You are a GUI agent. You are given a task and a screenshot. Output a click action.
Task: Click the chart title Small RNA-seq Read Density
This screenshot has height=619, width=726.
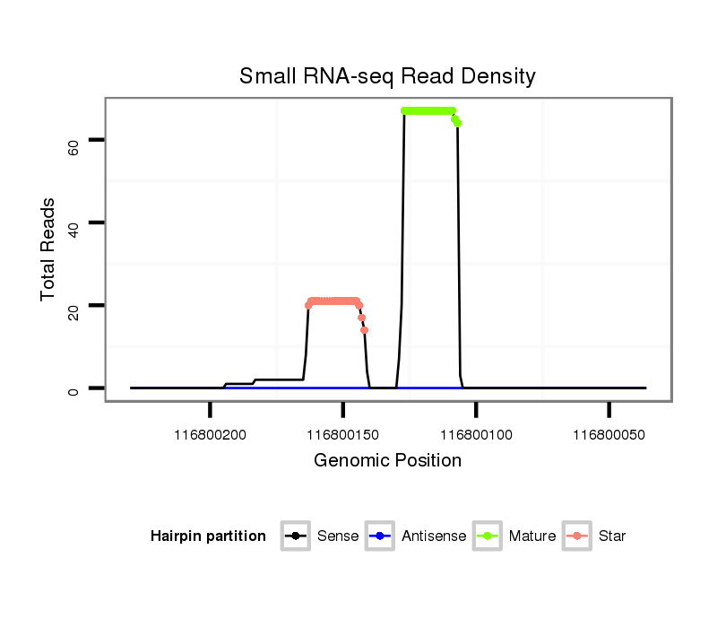[387, 76]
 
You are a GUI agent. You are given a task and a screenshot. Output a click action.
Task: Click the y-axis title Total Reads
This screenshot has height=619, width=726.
[49, 249]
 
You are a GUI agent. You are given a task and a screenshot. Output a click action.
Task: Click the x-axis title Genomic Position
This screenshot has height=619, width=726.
[387, 460]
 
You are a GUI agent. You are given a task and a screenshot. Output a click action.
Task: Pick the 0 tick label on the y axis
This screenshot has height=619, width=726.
[73, 388]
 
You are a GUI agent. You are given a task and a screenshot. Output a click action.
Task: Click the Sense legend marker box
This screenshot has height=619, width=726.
[295, 536]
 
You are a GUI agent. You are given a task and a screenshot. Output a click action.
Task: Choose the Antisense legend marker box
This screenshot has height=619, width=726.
[379, 536]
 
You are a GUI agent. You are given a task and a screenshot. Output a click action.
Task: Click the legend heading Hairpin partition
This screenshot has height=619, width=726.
[208, 536]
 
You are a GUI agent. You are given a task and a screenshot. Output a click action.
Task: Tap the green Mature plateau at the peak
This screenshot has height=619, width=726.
[428, 110]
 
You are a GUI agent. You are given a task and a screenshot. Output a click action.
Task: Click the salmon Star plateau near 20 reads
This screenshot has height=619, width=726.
[333, 301]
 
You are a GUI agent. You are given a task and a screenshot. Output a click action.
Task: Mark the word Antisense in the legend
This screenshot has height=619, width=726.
[434, 536]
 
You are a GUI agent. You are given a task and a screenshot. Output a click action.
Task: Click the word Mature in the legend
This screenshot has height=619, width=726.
[532, 536]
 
